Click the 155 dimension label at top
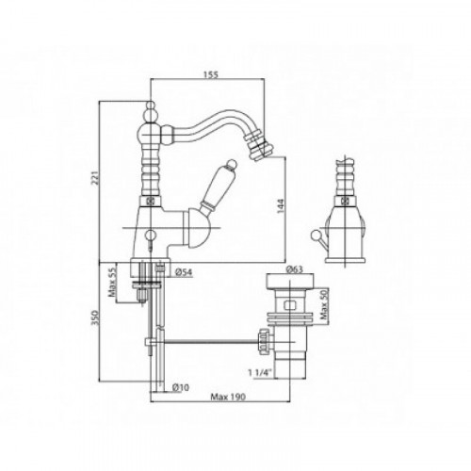211,74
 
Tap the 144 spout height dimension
281,205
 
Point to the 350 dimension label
95,317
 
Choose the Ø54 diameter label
183,272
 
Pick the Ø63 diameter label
294,269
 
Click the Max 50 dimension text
324,304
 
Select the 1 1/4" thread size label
259,373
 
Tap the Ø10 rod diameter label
181,388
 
